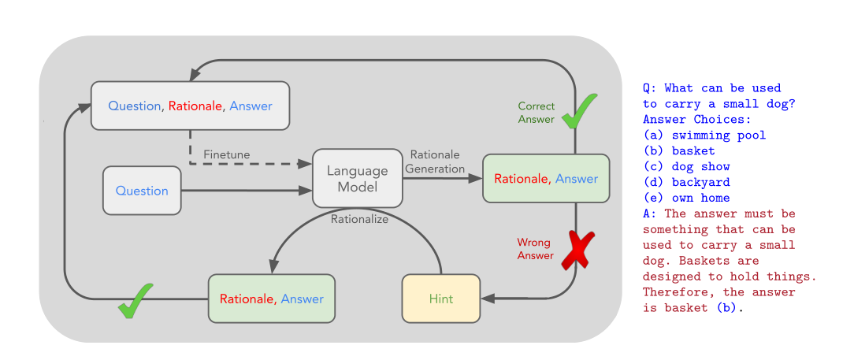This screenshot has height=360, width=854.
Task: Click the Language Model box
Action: coord(357,178)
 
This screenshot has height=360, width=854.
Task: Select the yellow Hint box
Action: coord(440,299)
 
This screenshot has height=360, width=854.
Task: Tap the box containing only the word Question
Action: coord(142,191)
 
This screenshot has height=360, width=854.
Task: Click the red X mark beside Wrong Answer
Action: coord(577,251)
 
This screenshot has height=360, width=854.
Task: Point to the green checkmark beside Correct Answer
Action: coord(579,111)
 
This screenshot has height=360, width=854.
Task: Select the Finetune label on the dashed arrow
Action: coord(226,154)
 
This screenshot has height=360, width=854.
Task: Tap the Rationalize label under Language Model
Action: coord(359,219)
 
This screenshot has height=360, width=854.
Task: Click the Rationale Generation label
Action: coord(435,161)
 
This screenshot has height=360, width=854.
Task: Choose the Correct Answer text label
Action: coord(536,113)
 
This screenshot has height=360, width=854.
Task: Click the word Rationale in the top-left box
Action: coord(195,106)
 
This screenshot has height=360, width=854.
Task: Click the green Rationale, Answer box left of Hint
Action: coord(271,299)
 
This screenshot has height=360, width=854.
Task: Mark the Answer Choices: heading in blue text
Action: coord(696,119)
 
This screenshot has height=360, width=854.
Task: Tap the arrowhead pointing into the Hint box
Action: coord(488,299)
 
